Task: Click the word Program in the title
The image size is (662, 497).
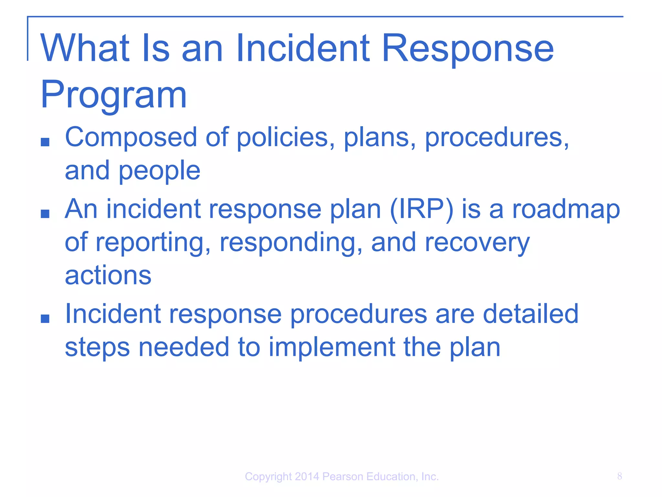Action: click(113, 95)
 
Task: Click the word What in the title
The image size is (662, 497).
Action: click(85, 49)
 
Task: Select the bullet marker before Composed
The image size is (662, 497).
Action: click(45, 142)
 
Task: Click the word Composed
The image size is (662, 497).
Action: click(131, 137)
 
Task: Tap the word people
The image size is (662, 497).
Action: click(159, 171)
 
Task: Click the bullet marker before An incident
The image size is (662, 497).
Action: click(45, 214)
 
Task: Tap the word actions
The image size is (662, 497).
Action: click(108, 276)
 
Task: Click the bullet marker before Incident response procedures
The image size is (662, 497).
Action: click(45, 318)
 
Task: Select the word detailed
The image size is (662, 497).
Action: click(530, 314)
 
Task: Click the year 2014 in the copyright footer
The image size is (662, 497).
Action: click(307, 477)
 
